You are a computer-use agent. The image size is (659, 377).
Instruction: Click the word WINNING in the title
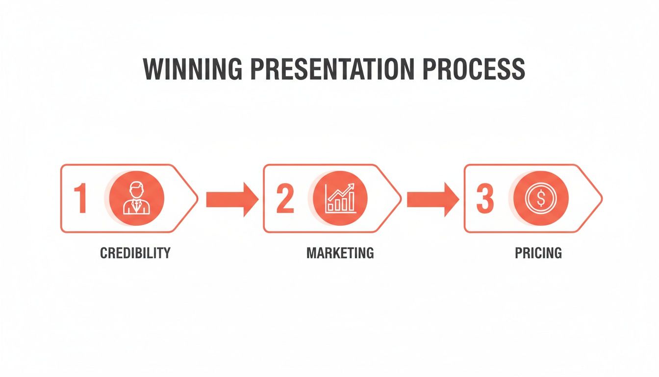click(x=193, y=70)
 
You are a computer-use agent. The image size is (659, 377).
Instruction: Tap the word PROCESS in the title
click(x=474, y=70)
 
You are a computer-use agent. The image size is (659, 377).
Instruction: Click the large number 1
click(x=80, y=199)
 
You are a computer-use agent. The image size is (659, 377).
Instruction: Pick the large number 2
click(x=284, y=199)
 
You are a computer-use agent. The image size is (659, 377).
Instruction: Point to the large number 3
click(x=485, y=199)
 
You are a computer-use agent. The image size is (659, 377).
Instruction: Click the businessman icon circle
click(x=137, y=198)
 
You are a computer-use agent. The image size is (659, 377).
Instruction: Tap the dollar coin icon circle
click(x=541, y=198)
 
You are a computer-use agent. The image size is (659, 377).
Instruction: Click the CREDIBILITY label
click(x=135, y=253)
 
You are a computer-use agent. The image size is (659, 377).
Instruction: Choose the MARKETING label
click(x=340, y=253)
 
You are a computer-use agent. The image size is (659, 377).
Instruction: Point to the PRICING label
click(x=538, y=253)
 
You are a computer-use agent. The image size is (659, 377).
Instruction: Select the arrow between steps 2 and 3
click(x=432, y=199)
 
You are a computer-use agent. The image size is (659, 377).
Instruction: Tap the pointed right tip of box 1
click(x=196, y=199)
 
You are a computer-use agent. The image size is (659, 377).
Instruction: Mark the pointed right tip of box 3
click(x=600, y=199)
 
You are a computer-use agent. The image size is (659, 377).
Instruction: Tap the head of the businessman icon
click(x=137, y=189)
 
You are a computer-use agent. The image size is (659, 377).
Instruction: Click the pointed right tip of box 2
click(x=400, y=199)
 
